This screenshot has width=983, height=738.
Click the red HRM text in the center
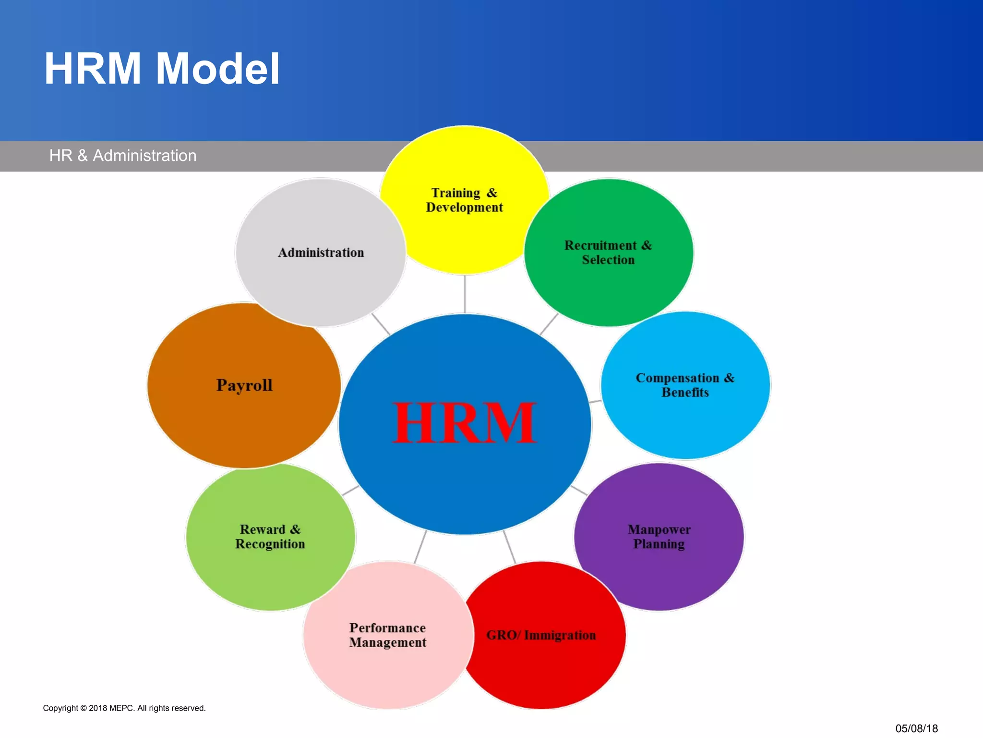[x=464, y=423]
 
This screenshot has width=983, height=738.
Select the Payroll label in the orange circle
[x=244, y=385]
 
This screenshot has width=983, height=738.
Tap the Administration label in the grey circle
[x=321, y=253]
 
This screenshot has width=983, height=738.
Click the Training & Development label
[x=464, y=200]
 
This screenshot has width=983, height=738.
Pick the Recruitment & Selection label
[x=608, y=253]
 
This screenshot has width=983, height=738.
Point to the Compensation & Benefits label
[x=685, y=385]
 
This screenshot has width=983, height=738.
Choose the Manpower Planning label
[x=659, y=537]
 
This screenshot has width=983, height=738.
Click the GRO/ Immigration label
[x=541, y=635]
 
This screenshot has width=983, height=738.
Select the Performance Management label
[x=387, y=635]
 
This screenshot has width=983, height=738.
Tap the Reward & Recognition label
[x=270, y=537]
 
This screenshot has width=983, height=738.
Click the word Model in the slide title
[x=218, y=69]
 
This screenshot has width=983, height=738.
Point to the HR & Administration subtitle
[x=123, y=156]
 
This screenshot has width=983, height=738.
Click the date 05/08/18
[x=916, y=728]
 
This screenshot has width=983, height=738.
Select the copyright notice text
[x=124, y=708]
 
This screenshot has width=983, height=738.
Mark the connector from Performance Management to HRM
[x=420, y=547]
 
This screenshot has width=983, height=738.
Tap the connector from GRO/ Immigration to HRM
[x=509, y=547]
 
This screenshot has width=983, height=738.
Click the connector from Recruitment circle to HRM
[x=549, y=324]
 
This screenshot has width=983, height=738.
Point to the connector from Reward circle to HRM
[x=350, y=491]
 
